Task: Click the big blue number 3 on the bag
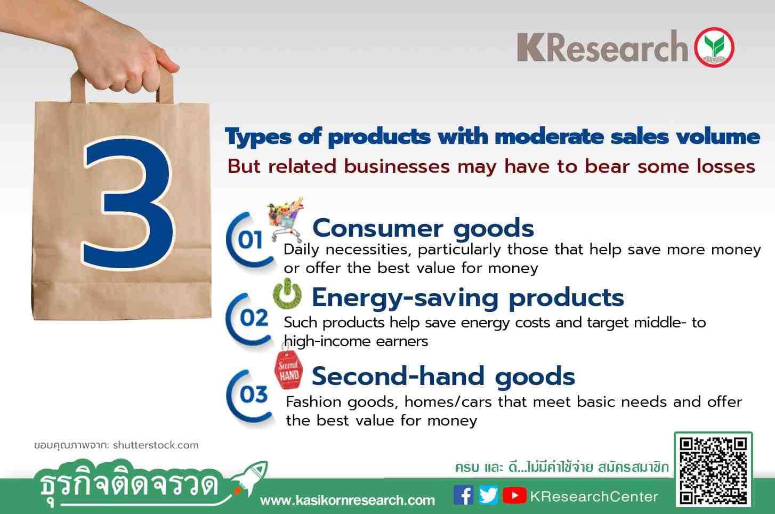128,204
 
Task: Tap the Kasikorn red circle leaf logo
714,47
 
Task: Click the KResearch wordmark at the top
602,47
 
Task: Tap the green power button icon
287,294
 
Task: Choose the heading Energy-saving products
468,298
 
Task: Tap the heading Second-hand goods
443,376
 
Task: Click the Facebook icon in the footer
463,495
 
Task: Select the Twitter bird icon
488,495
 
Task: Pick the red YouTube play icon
514,495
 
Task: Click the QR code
713,471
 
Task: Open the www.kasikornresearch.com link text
347,500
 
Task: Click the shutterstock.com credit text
156,445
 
